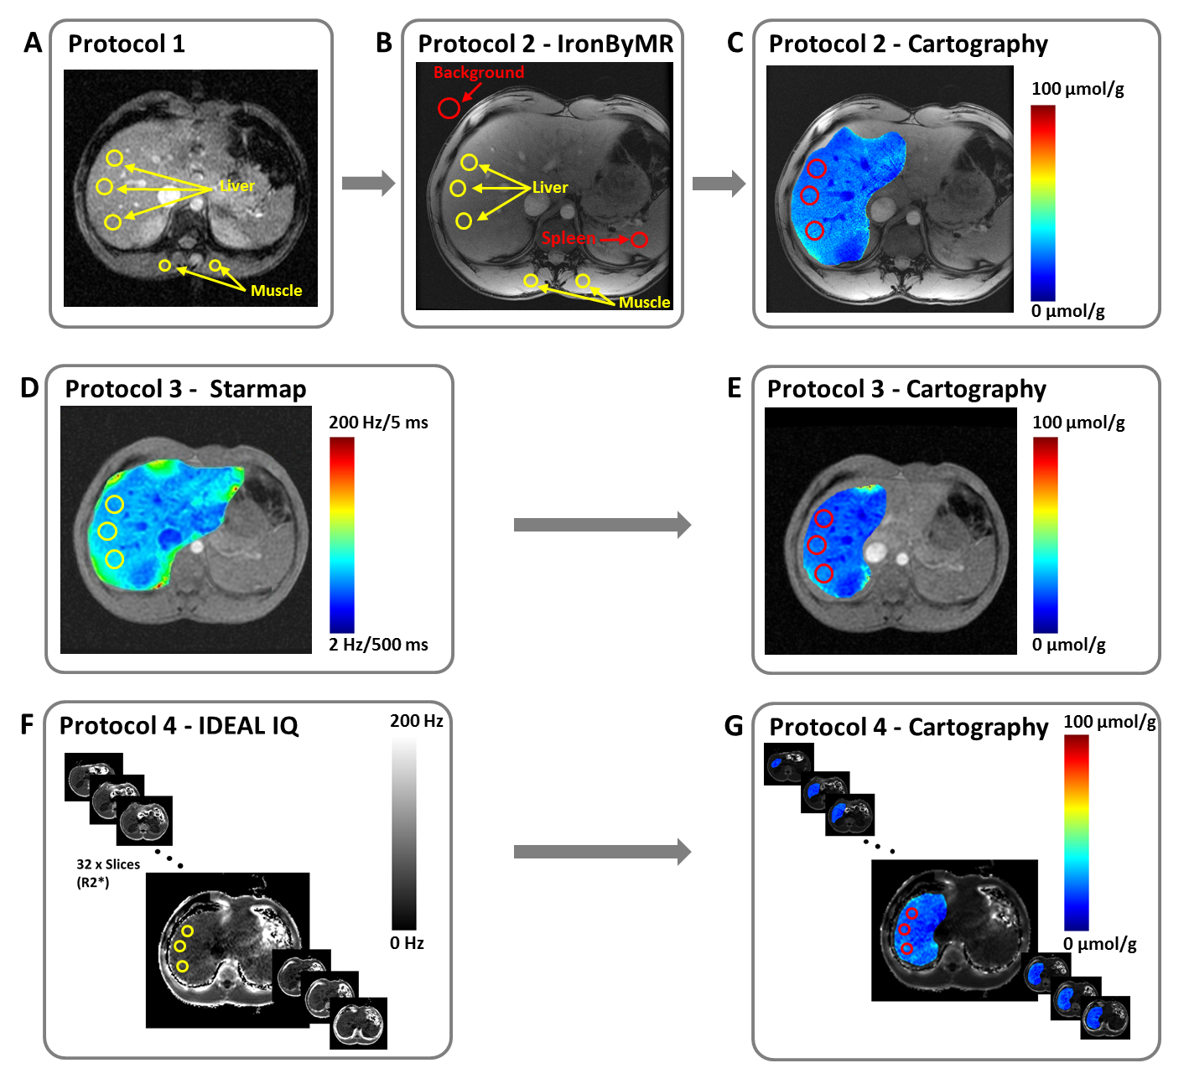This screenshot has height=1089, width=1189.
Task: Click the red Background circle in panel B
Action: pos(449,107)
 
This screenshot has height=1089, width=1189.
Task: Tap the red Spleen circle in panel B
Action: pos(640,240)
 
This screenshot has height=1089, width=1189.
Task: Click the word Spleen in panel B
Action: pos(569,238)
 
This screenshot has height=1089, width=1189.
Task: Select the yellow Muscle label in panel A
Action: pos(276,291)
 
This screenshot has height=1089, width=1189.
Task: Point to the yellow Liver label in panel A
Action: pos(237,186)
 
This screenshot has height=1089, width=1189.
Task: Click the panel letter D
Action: pos(29,388)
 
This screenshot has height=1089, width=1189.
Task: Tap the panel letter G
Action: pos(734,726)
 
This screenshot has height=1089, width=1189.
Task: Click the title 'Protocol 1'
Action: pos(127,44)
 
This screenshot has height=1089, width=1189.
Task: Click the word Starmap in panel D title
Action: pos(257,389)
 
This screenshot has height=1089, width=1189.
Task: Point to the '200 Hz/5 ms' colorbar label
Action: pos(378,423)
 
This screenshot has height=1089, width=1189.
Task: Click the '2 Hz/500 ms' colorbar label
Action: pos(378,645)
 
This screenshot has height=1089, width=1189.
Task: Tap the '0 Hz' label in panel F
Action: pos(407,943)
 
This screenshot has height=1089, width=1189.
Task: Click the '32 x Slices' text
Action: pos(108,864)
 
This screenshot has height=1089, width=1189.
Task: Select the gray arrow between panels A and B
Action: pos(368,184)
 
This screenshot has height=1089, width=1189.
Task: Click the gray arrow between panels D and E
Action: pos(602,525)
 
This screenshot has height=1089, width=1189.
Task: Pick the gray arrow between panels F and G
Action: pos(602,852)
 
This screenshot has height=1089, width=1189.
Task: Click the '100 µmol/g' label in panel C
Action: pos(1077,89)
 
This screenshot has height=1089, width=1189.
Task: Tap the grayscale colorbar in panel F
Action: pos(404,834)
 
